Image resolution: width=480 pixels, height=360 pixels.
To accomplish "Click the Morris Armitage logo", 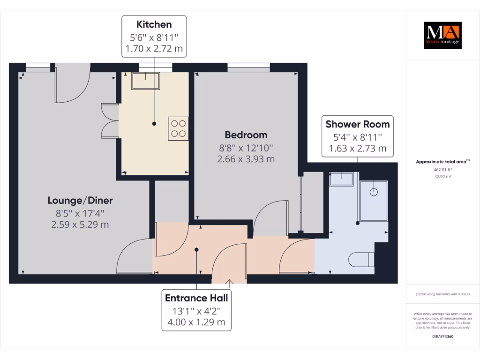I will (x=442, y=35).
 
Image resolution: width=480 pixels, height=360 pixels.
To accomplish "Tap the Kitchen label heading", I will (x=154, y=24).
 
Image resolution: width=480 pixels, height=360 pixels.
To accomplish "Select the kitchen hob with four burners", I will (x=178, y=128).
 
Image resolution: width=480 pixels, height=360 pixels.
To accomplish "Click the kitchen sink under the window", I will (x=146, y=81).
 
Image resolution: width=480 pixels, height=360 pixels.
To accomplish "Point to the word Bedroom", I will (x=246, y=135).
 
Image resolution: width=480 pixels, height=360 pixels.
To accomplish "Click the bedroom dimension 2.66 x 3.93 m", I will (x=246, y=159).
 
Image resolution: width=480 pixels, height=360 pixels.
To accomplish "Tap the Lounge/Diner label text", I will (x=80, y=201).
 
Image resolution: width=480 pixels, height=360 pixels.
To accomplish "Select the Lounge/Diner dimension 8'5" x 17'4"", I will (x=80, y=213).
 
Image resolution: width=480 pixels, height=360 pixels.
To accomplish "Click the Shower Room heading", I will (x=357, y=124).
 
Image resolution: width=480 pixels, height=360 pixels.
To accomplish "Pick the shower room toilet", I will (x=362, y=259).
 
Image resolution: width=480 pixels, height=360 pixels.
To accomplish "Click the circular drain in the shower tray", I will (x=374, y=192).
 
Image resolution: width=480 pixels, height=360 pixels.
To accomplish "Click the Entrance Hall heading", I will (x=196, y=298).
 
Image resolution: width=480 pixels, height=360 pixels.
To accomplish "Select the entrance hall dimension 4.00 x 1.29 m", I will (x=196, y=322).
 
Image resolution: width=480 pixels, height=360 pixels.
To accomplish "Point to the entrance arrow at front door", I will (x=229, y=282).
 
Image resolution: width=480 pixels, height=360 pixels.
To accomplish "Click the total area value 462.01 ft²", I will (x=442, y=170).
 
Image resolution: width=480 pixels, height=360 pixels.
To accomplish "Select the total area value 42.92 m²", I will (x=442, y=177).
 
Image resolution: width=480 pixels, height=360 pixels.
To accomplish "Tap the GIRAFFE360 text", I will (x=442, y=337).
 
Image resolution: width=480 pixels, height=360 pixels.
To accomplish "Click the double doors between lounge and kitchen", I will (x=110, y=121).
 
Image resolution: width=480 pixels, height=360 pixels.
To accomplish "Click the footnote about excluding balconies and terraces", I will (x=442, y=294).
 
